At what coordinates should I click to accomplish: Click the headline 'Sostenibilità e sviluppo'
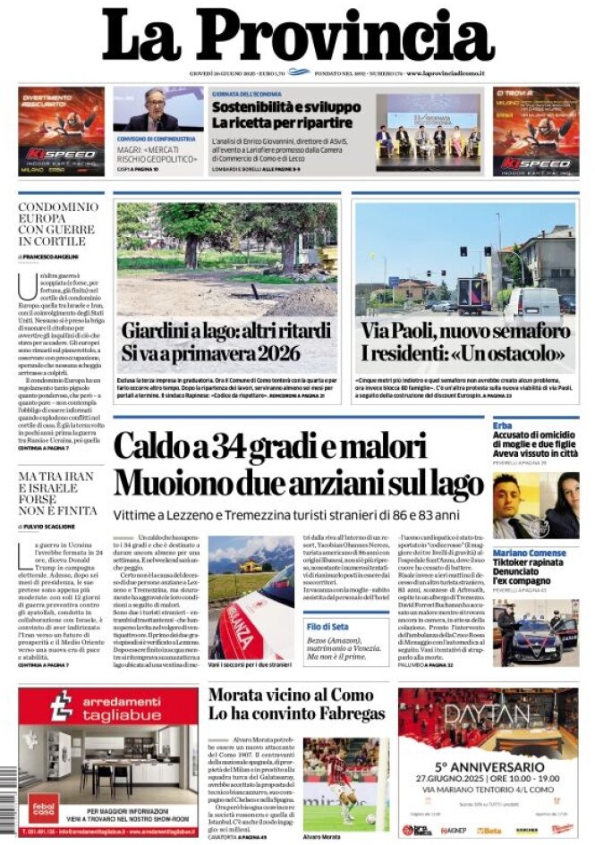(x=286, y=107)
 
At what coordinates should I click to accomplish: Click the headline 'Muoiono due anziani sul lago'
(x=298, y=482)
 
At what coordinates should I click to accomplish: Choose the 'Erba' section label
(x=503, y=425)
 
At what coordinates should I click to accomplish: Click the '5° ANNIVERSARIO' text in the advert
(x=489, y=765)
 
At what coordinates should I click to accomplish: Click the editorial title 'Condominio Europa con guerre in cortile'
(x=59, y=224)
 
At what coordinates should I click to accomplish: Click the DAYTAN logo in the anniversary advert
(x=489, y=714)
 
